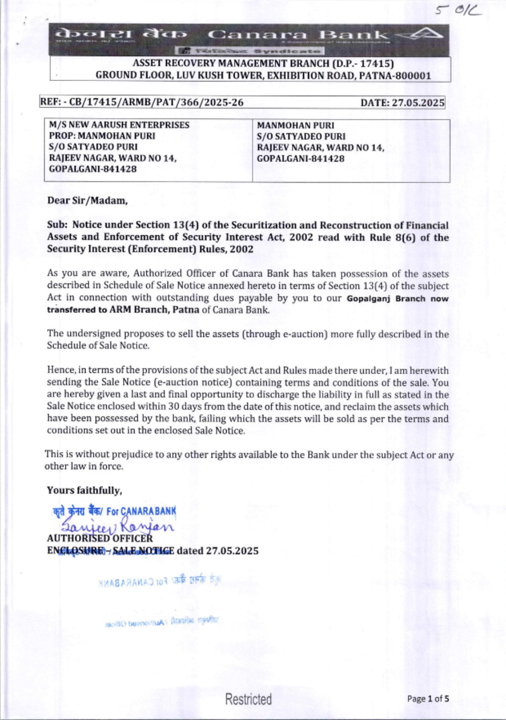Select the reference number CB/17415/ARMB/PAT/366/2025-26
coord(156,102)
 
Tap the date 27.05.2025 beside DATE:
coord(418,103)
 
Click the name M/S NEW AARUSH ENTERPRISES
coord(119,125)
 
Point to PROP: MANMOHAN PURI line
coord(102,136)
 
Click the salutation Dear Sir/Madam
coord(87,200)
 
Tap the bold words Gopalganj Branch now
coord(398,299)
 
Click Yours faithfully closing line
coord(84,490)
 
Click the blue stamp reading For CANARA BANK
coord(115,511)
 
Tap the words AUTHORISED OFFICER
coord(100,538)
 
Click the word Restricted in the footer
coord(248,699)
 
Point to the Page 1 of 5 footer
coord(428,699)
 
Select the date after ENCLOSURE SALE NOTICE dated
coord(232,550)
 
